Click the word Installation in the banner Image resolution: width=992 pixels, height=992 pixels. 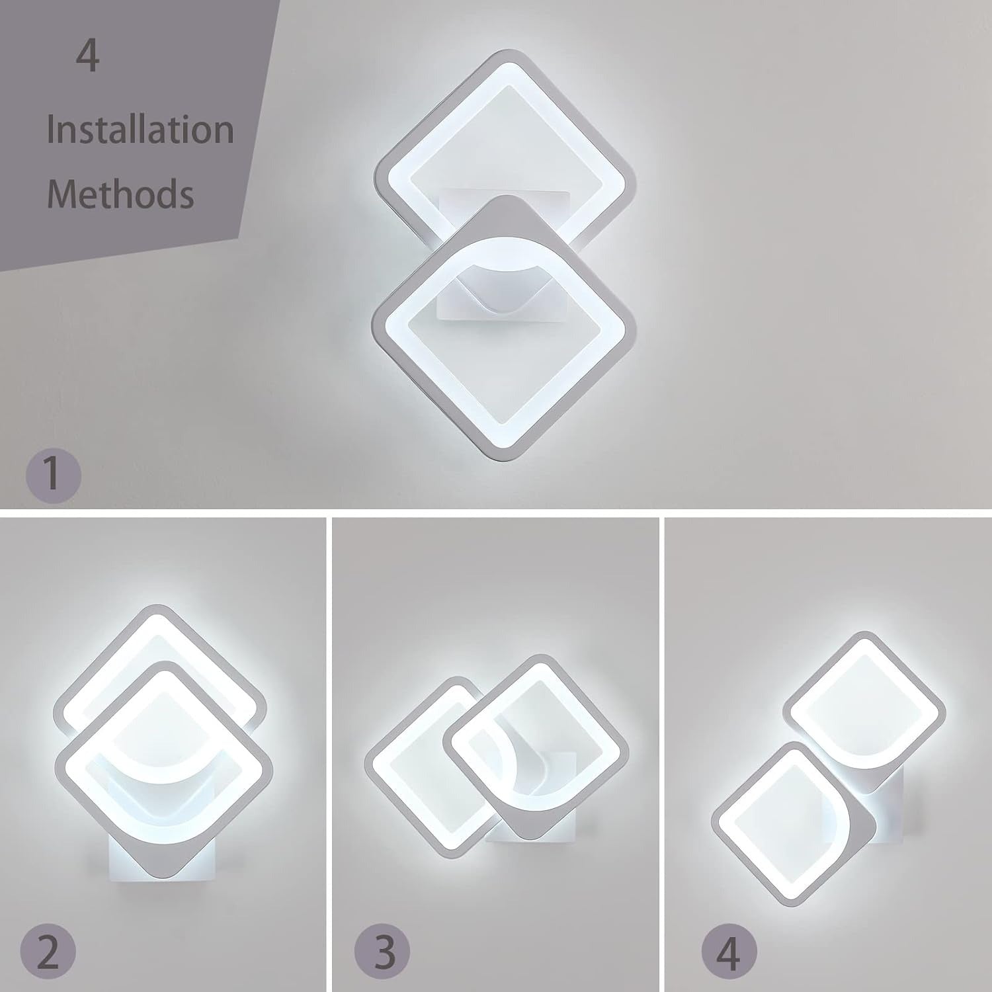[140, 129]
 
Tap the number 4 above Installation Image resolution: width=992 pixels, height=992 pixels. [87, 56]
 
